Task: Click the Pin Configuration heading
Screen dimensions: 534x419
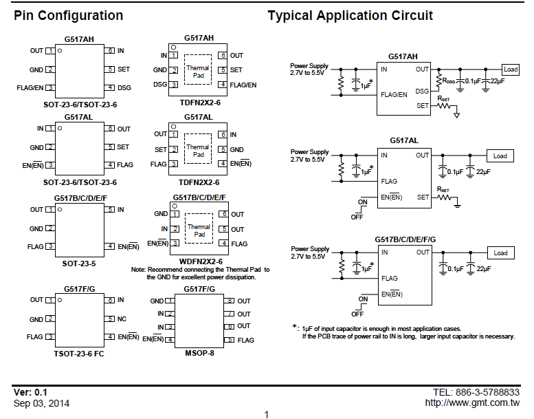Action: tap(68, 16)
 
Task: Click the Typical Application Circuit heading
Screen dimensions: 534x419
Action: tap(350, 16)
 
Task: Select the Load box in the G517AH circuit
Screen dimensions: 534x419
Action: tap(511, 69)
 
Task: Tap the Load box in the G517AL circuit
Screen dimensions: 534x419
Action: tap(500, 155)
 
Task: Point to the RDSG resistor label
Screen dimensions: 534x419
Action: tap(448, 81)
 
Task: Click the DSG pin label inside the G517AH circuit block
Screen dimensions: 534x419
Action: tap(422, 91)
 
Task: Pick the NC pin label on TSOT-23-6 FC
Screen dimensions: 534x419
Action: tap(122, 319)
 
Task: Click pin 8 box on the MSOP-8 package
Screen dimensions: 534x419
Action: tap(229, 301)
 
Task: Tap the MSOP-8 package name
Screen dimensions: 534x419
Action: tap(199, 353)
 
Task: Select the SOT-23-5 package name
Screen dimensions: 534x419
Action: tap(79, 264)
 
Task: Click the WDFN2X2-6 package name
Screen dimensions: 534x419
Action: tap(201, 261)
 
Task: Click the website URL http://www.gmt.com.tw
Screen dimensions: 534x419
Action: tap(472, 403)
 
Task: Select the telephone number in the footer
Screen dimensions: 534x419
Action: tap(476, 392)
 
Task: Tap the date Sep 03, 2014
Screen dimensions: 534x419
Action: tap(41, 404)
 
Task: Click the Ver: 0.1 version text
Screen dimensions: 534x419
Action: tap(30, 392)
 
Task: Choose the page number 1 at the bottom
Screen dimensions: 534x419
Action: tap(267, 415)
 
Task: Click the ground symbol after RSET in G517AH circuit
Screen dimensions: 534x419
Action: tap(457, 115)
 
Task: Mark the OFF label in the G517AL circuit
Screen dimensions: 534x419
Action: tap(357, 217)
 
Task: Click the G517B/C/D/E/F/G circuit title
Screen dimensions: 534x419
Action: tap(405, 239)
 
